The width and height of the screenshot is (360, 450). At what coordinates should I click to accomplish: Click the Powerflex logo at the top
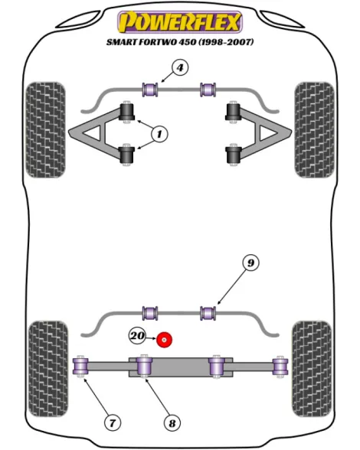pos(180,22)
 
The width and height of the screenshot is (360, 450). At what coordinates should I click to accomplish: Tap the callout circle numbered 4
pos(180,68)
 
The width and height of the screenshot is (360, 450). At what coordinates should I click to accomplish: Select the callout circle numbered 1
pos(160,134)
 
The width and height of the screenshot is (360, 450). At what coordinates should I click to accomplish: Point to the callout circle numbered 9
pos(250,262)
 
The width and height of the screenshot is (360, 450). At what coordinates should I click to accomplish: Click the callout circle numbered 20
pos(138,335)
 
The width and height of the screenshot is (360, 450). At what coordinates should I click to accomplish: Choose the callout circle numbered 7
pos(113,422)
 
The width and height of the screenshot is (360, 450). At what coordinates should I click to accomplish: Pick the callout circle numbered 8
pos(172,423)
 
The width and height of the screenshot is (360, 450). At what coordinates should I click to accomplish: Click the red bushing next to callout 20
pos(164,340)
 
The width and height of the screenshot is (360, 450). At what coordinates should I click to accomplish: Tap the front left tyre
pos(45,130)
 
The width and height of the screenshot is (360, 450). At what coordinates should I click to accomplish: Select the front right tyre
pos(314,130)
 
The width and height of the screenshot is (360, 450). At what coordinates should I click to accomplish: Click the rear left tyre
pos(48,370)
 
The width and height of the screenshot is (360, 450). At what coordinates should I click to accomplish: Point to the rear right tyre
pos(312,370)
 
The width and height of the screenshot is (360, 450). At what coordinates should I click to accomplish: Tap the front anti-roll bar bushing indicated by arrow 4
pos(150,90)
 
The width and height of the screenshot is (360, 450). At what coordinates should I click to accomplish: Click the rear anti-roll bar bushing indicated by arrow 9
pos(208,313)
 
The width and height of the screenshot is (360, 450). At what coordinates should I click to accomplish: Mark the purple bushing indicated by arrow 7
pos(80,367)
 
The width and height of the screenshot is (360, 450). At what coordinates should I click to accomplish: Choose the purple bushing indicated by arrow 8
pos(144,365)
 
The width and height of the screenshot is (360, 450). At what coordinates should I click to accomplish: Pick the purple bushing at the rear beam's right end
pos(280,367)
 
